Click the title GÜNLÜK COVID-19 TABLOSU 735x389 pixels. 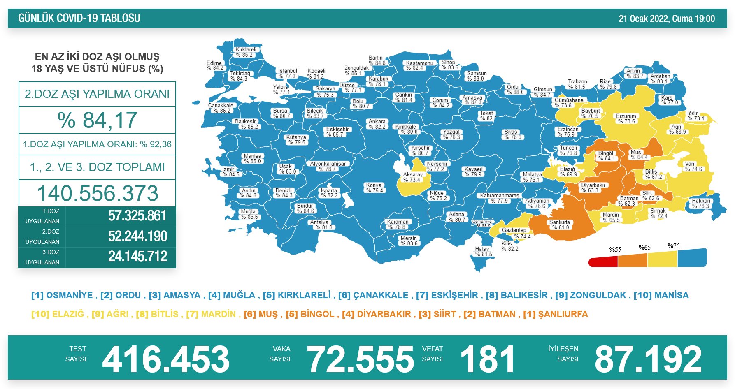pyautogui.click(x=79, y=18)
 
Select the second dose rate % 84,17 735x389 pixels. pyautogui.click(x=97, y=120)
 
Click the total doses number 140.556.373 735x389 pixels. pyautogui.click(x=98, y=193)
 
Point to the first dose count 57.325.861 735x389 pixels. pyautogui.click(x=137, y=216)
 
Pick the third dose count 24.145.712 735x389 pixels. pyautogui.click(x=137, y=257)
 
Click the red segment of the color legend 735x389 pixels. pyautogui.click(x=603, y=262)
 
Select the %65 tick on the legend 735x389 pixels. pyautogui.click(x=644, y=248)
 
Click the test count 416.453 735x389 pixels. pyautogui.click(x=165, y=359)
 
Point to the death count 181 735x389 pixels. pyautogui.click(x=487, y=359)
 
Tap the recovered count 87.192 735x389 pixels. pyautogui.click(x=648, y=359)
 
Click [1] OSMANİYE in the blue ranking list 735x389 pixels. pyautogui.click(x=62, y=295)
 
